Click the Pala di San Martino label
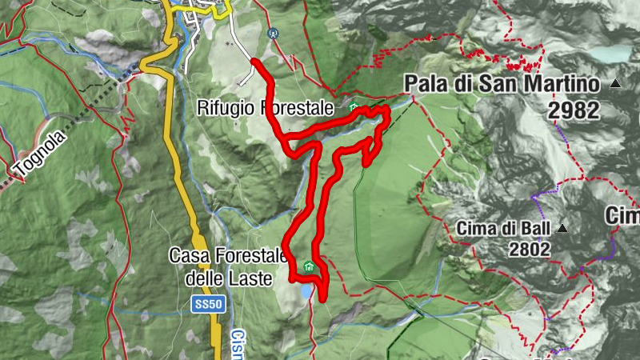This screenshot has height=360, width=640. coord(502,84)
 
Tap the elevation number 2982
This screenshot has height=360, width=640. coord(574,110)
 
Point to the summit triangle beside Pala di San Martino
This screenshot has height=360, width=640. coord(615,83)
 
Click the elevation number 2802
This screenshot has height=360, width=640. coord(530,249)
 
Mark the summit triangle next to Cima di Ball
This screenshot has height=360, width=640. coord(562,228)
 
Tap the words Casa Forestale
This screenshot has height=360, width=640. coord(227,256)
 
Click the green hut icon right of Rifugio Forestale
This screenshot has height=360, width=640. coord(353,106)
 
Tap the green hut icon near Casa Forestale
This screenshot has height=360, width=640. coord(309,267)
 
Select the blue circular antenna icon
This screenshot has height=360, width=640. coord(274,34)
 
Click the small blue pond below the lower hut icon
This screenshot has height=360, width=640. coord(307,291)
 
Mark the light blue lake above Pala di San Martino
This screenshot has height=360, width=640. coord(612,54)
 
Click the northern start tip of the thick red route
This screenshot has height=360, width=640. coord(253,61)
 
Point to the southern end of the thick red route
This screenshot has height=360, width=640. coord(322,299)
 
